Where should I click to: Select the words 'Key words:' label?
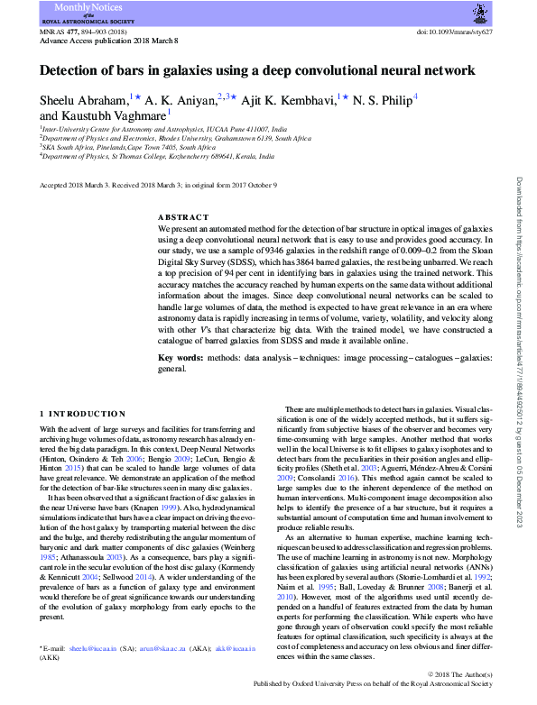179,358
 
